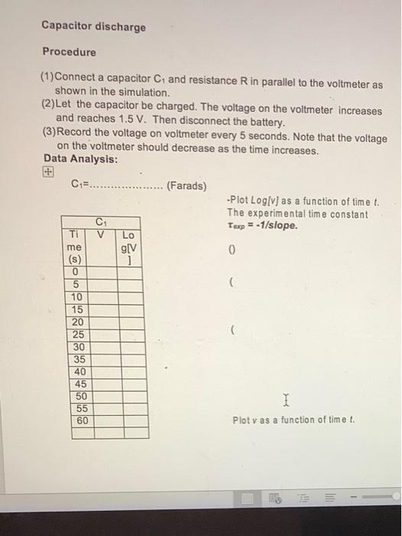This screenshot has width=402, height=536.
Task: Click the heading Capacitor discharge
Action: point(93,27)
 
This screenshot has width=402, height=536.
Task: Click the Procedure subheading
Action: point(69,52)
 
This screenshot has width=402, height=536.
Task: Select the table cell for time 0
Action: point(76,272)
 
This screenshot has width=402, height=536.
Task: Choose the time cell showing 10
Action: point(76,296)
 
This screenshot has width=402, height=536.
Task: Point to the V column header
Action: point(101,234)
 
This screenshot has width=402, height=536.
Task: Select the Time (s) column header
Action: point(76,247)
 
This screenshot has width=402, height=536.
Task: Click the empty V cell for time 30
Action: point(101,346)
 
